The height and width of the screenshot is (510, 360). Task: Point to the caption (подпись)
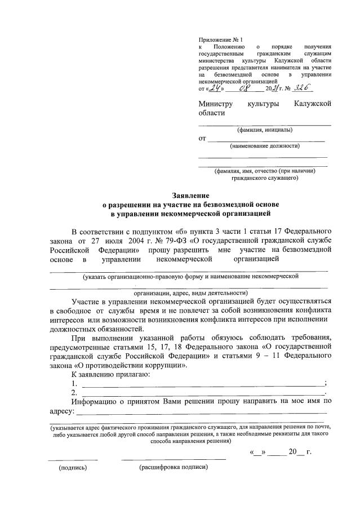(x=73, y=467)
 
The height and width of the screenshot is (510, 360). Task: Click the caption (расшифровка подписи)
(x=174, y=467)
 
